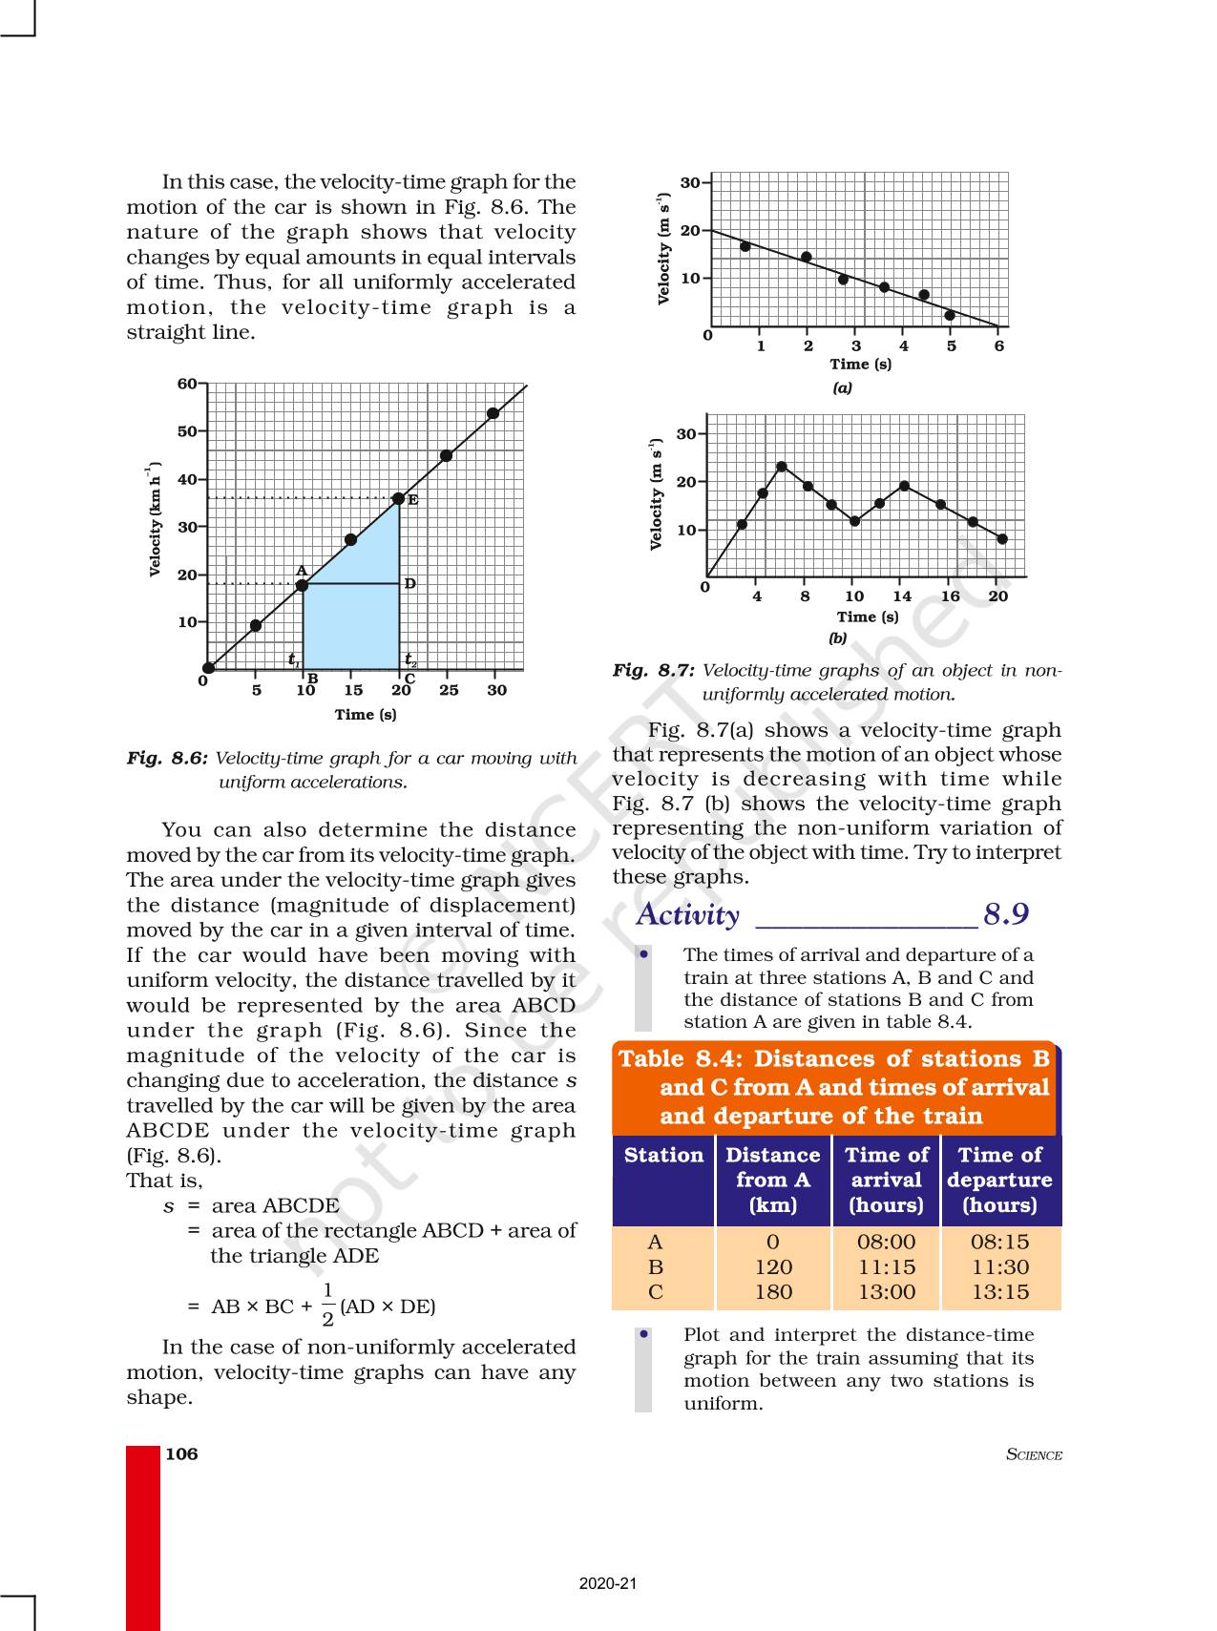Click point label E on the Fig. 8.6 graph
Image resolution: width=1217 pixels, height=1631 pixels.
click(413, 500)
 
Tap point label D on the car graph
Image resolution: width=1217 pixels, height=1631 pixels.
click(410, 583)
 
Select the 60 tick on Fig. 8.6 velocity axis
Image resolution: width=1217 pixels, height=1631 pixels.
click(187, 384)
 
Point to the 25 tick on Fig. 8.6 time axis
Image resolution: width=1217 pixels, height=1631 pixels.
click(449, 690)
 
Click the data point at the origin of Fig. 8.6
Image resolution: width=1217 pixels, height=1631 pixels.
click(208, 668)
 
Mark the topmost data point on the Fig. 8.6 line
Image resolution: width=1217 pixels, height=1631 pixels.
click(493, 413)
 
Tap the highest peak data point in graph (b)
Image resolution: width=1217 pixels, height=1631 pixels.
click(782, 467)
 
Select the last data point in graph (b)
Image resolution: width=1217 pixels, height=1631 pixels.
click(1002, 539)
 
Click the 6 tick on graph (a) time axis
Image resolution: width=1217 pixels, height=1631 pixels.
click(999, 346)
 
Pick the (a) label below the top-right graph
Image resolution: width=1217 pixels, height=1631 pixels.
click(842, 387)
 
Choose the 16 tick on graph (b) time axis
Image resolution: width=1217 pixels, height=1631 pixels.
click(951, 596)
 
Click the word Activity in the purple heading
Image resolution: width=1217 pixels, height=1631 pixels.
click(687, 914)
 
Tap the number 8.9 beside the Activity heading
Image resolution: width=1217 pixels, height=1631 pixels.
click(1006, 914)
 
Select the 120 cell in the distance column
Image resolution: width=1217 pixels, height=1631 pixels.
click(773, 1267)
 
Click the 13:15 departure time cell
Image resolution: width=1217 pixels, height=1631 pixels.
click(1000, 1292)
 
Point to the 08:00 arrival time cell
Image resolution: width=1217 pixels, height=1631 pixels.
click(886, 1242)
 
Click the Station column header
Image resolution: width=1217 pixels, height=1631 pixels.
click(663, 1155)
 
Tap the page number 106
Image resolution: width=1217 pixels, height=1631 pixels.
click(181, 1453)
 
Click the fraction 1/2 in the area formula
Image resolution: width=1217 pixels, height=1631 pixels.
click(327, 1305)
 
